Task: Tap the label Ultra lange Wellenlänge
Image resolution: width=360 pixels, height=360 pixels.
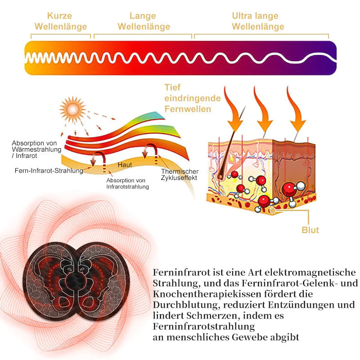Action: tap(258, 22)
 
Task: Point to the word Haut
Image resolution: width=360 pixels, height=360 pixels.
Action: tap(125, 165)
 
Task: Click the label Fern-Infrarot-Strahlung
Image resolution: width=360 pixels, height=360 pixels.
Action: tap(49, 171)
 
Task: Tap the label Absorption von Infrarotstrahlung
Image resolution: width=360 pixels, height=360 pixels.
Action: tap(127, 183)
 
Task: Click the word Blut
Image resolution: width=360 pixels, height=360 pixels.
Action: tap(310, 230)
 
